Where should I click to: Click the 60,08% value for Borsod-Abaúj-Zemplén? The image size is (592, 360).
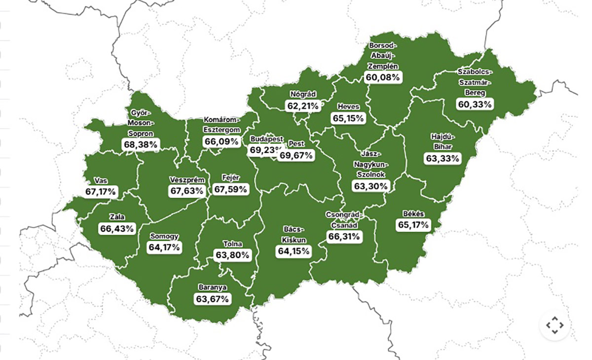pos(383,77)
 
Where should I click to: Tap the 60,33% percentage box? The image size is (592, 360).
pos(475,104)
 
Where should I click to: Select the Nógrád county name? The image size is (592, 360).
pos(303,94)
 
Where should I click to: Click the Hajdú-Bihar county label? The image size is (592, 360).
pos(443,142)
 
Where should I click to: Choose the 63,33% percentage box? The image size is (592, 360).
pos(443,158)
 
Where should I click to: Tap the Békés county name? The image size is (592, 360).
pos(413,214)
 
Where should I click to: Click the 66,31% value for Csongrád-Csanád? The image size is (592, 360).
pos(344,237)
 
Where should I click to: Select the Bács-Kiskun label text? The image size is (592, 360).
pos(294,235)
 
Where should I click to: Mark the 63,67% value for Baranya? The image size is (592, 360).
pos(212,299)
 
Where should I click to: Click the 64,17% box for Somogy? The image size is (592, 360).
pos(164,247)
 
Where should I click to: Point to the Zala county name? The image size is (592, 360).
pos(117,217)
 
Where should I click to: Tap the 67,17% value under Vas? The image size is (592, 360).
pos(101,191)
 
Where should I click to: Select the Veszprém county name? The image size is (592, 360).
pos(186,180)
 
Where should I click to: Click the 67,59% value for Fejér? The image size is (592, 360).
pos(231,189)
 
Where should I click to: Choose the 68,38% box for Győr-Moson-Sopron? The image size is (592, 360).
pos(141,145)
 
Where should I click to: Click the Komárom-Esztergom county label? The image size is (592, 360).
pos(222,125)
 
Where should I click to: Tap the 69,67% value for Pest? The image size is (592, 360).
pos(296,155)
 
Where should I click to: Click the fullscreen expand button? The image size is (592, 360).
pos(555,325)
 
